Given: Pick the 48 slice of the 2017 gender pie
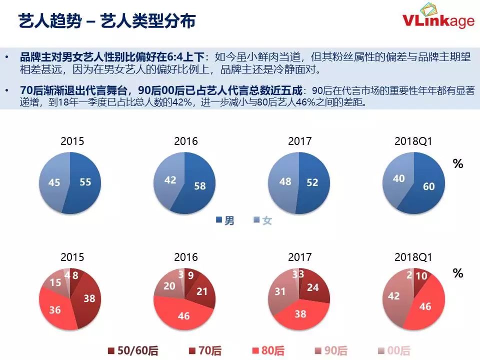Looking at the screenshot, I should click(x=285, y=182).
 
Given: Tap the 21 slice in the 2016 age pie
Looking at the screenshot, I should click(x=202, y=291).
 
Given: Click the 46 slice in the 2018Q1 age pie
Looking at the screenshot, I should click(x=425, y=306).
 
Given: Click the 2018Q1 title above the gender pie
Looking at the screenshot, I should click(x=413, y=141).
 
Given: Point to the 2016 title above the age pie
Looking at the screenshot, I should click(x=185, y=257).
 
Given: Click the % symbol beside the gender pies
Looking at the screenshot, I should click(x=458, y=164).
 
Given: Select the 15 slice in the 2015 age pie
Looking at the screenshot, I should click(x=56, y=282).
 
